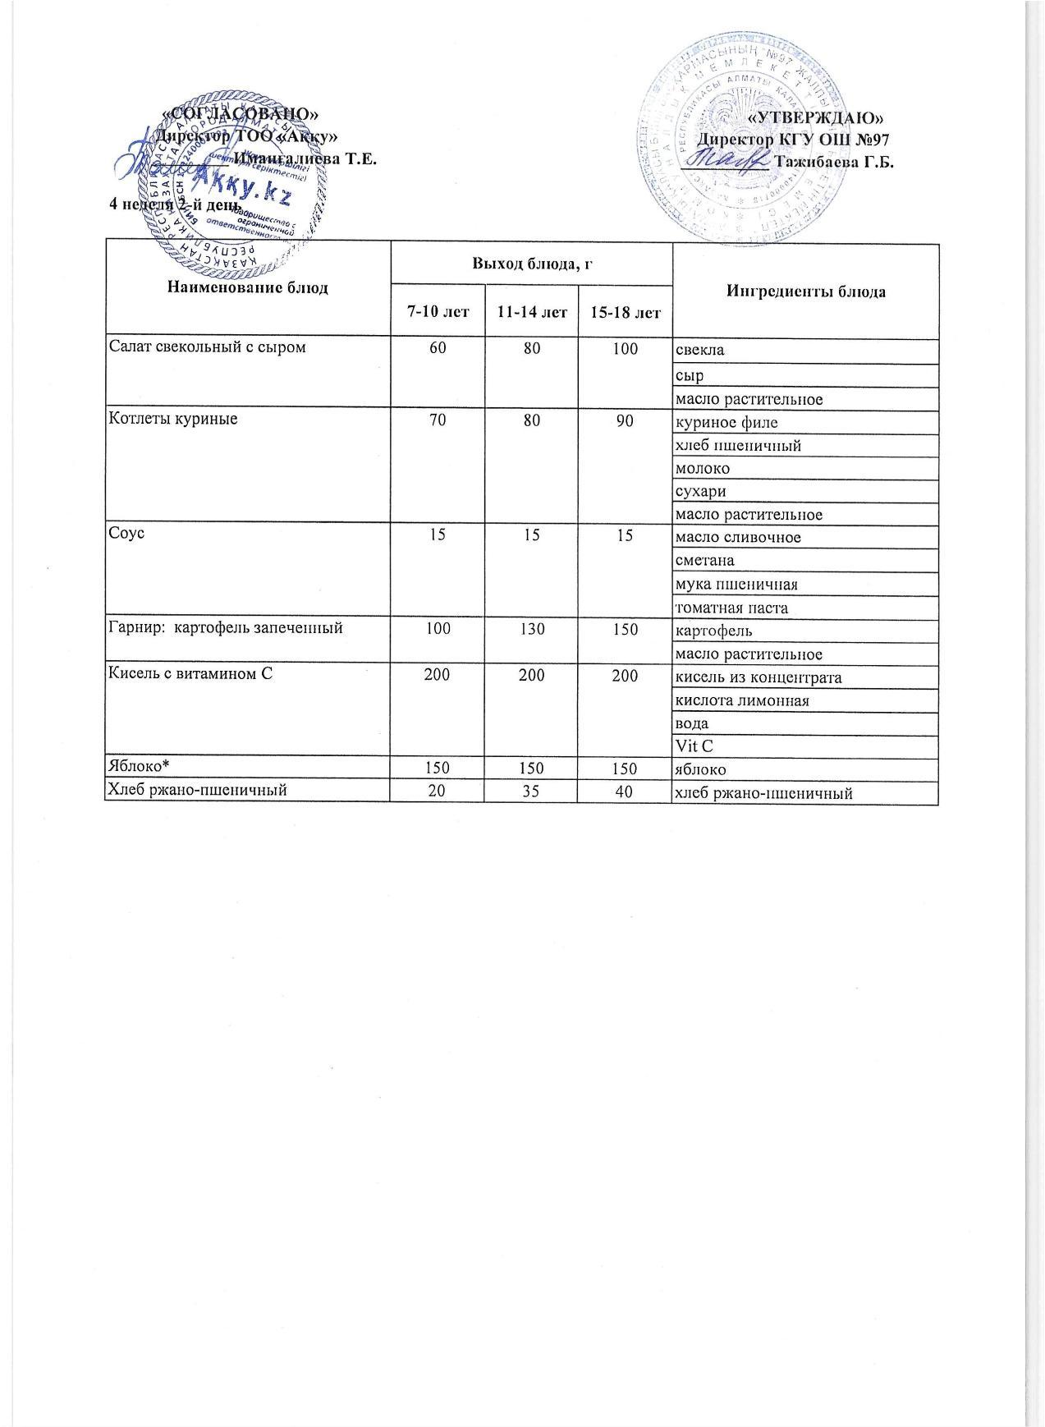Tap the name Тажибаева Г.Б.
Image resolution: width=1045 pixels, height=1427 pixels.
click(x=833, y=162)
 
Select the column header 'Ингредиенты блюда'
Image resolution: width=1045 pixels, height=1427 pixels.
click(x=804, y=291)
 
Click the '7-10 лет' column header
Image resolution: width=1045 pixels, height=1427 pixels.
click(x=438, y=312)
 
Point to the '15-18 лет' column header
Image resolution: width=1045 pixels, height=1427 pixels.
click(x=625, y=312)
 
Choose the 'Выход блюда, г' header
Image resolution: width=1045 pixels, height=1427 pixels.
click(x=531, y=264)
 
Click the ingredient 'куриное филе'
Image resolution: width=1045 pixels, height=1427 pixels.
click(x=726, y=424)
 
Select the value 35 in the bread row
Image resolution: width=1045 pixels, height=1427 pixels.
click(x=532, y=792)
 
